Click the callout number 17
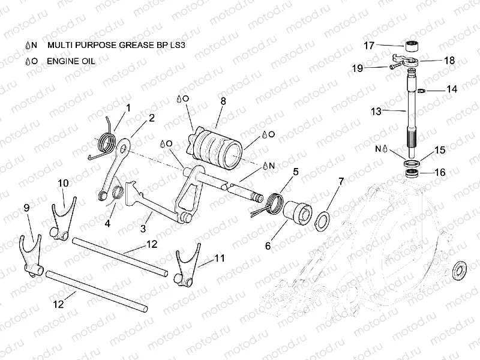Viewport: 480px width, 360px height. pyautogui.click(x=369, y=45)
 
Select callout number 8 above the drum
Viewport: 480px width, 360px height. pyautogui.click(x=223, y=101)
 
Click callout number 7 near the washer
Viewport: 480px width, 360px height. pyautogui.click(x=341, y=181)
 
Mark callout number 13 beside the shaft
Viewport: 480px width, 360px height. pyautogui.click(x=376, y=111)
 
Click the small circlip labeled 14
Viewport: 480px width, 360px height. pyautogui.click(x=422, y=91)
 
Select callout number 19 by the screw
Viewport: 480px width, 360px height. pyautogui.click(x=357, y=69)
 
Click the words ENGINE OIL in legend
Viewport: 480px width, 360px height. pyautogui.click(x=71, y=61)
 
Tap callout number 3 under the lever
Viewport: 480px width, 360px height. pyautogui.click(x=142, y=229)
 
